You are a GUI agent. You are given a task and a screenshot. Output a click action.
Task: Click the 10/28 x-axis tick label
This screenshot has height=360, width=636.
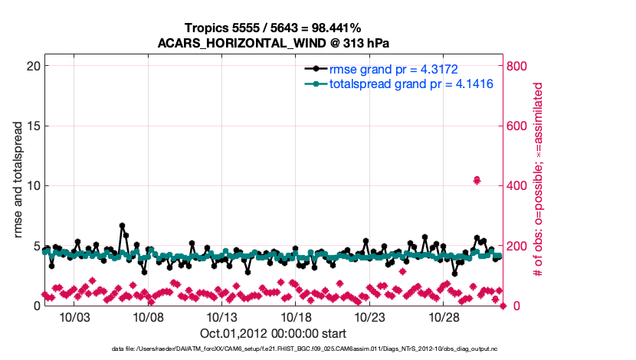click(x=444, y=317)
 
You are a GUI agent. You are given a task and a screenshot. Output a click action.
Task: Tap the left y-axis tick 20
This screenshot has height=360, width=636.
click(x=31, y=66)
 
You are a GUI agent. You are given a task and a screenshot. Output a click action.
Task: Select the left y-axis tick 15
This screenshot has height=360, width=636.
click(x=31, y=126)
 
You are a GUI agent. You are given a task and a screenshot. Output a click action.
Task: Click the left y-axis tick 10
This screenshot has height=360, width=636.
click(x=31, y=185)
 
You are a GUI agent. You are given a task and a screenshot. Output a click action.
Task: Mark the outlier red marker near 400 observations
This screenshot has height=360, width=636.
click(x=477, y=180)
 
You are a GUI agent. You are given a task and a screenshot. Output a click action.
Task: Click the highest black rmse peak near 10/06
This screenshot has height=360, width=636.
click(x=122, y=226)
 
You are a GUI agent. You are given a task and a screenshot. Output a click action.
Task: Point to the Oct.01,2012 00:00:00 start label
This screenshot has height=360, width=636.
click(x=273, y=333)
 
